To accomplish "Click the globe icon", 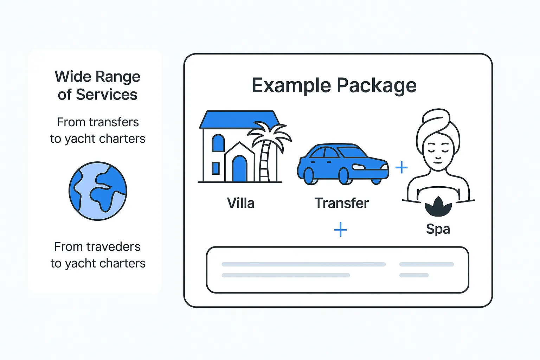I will (x=98, y=191).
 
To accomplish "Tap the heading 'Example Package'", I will (x=334, y=85).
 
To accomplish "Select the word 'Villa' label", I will (x=240, y=203).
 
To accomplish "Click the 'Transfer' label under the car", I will (x=342, y=203).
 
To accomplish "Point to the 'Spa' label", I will (x=438, y=229).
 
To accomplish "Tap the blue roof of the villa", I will (x=239, y=120).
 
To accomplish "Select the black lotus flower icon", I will (x=438, y=207).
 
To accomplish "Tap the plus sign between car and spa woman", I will (x=401, y=167).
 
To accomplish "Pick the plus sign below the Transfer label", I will (x=340, y=230).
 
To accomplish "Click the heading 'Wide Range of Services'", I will (x=98, y=85).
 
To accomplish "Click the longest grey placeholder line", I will (x=304, y=264).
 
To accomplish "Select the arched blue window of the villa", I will (x=218, y=143).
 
